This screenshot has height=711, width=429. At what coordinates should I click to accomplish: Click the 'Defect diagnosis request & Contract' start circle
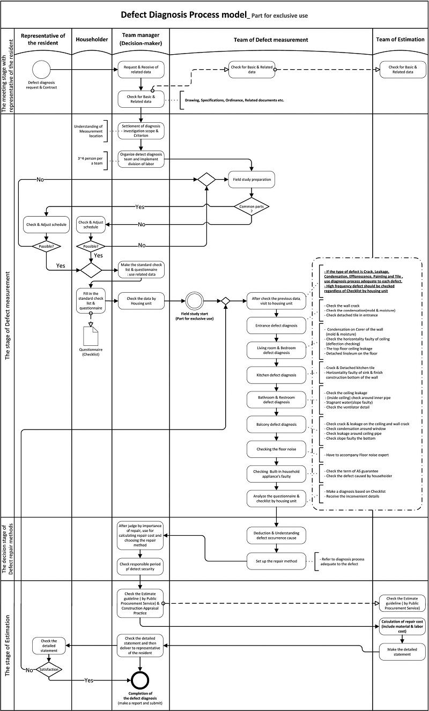coord(41,69)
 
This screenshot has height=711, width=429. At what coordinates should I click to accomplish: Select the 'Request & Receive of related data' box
coord(140,69)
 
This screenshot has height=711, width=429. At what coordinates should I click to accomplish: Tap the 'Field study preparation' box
coord(252,180)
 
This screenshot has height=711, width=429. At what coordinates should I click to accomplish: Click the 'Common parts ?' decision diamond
coord(252,206)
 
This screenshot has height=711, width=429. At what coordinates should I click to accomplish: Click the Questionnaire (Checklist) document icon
coord(90,336)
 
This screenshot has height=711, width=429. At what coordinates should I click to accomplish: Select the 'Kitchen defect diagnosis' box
coord(276,375)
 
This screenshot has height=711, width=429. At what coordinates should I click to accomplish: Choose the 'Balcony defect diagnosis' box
coord(276,424)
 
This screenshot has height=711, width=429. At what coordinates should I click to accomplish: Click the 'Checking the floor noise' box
coord(276,448)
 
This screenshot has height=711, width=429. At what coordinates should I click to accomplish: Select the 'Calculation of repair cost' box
coord(403,626)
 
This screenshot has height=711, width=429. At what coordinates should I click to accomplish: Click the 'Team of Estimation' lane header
coord(400,39)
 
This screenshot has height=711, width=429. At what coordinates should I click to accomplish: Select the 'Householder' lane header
coord(91,39)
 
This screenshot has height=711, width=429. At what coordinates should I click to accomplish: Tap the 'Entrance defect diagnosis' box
coord(276,325)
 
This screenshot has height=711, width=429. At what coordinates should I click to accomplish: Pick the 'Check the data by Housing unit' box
coord(140,302)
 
